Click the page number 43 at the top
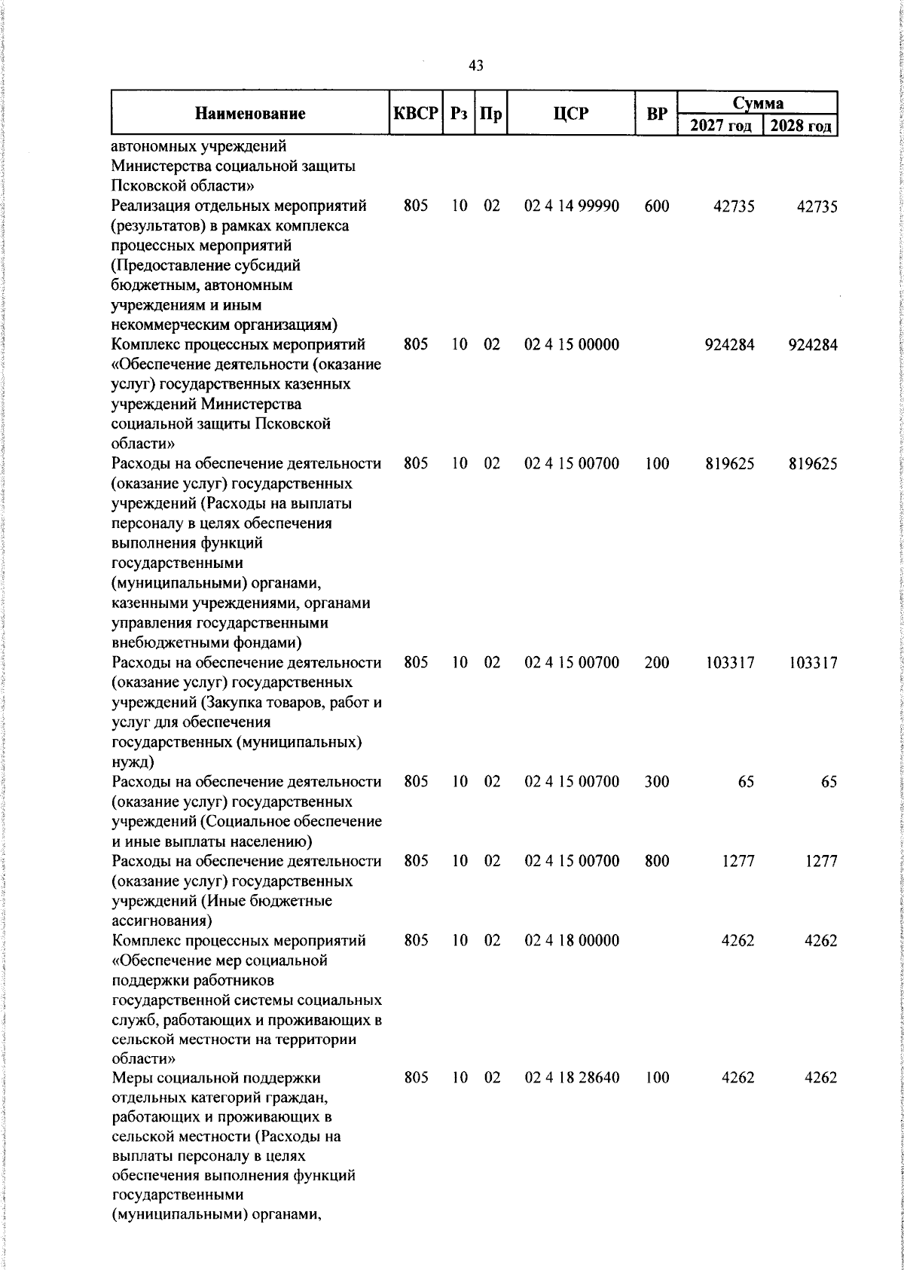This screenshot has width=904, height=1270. point(475,66)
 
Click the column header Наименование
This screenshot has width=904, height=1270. point(250,114)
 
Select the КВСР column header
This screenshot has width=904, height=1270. point(416,114)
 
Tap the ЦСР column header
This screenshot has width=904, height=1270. point(571,114)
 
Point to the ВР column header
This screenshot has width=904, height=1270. point(657,114)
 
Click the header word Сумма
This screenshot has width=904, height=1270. point(758,102)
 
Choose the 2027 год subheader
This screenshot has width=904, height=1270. point(721,125)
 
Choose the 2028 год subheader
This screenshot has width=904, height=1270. point(801,125)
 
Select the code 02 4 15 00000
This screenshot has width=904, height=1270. point(572,345)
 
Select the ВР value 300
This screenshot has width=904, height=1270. point(657,782)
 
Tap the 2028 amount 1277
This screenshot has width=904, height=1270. point(820,861)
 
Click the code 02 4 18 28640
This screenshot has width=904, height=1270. point(572,1078)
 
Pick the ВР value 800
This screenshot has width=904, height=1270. point(657,861)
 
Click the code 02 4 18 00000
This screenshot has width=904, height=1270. point(572,940)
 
